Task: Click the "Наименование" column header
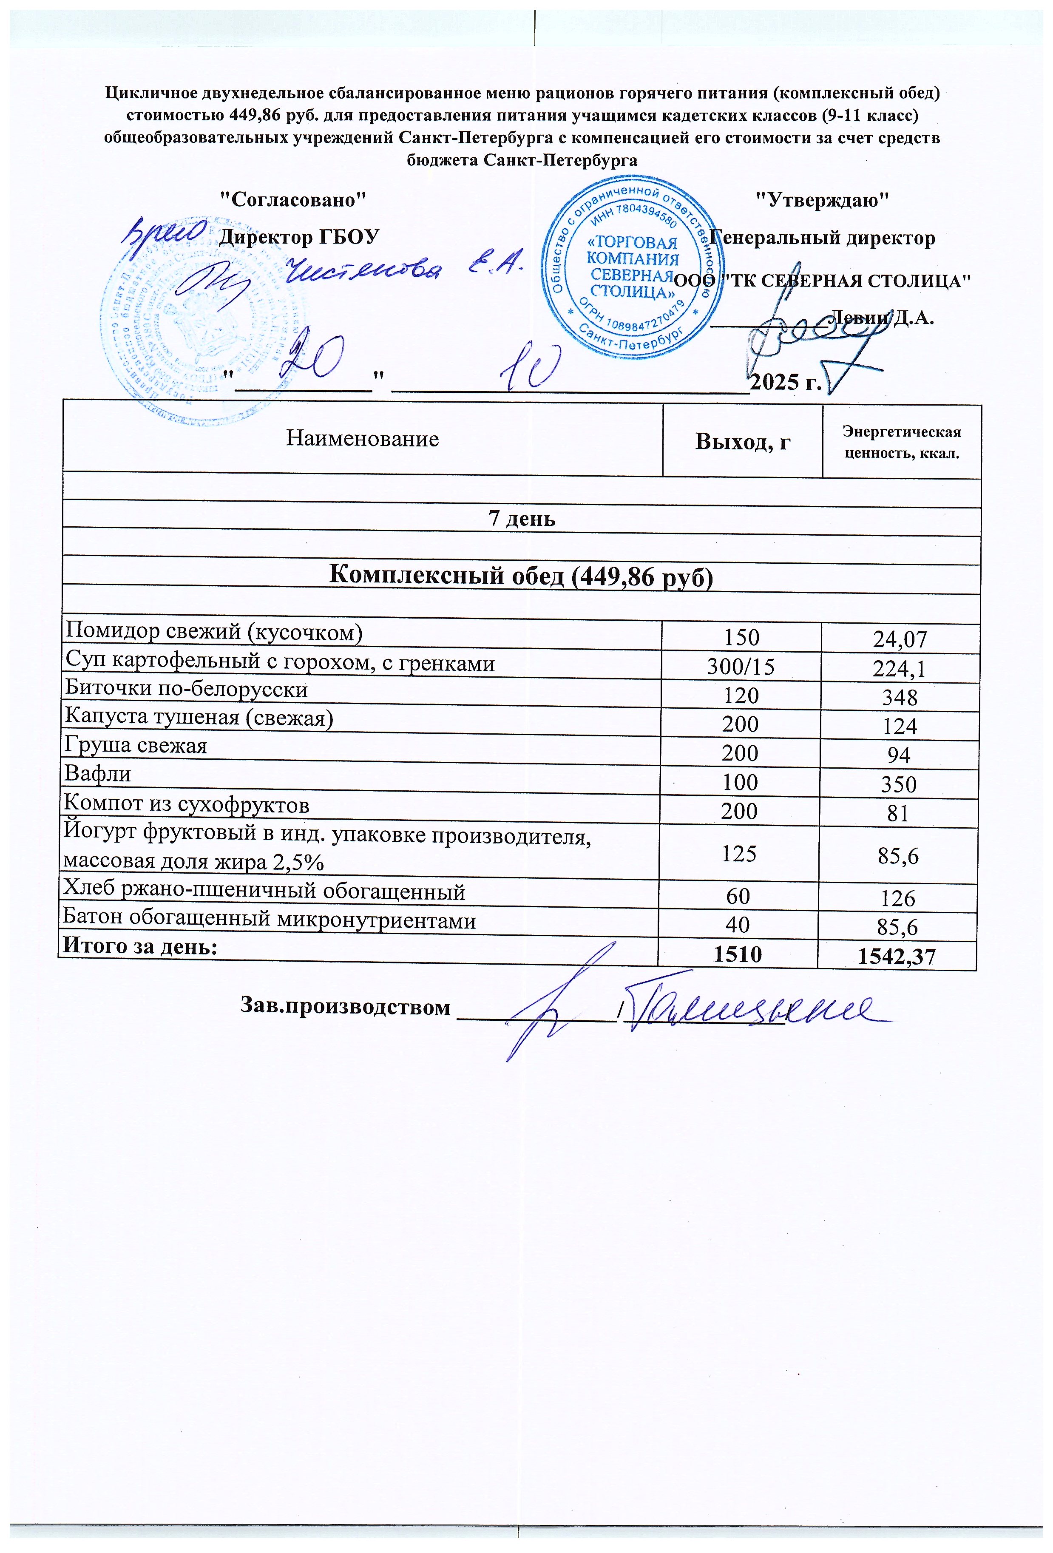[x=362, y=439]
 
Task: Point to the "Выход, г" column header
[x=742, y=441]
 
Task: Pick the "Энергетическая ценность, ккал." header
[x=901, y=443]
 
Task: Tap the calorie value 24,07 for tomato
[x=900, y=639]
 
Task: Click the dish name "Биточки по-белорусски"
[x=186, y=689]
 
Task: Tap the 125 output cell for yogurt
[x=739, y=853]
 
